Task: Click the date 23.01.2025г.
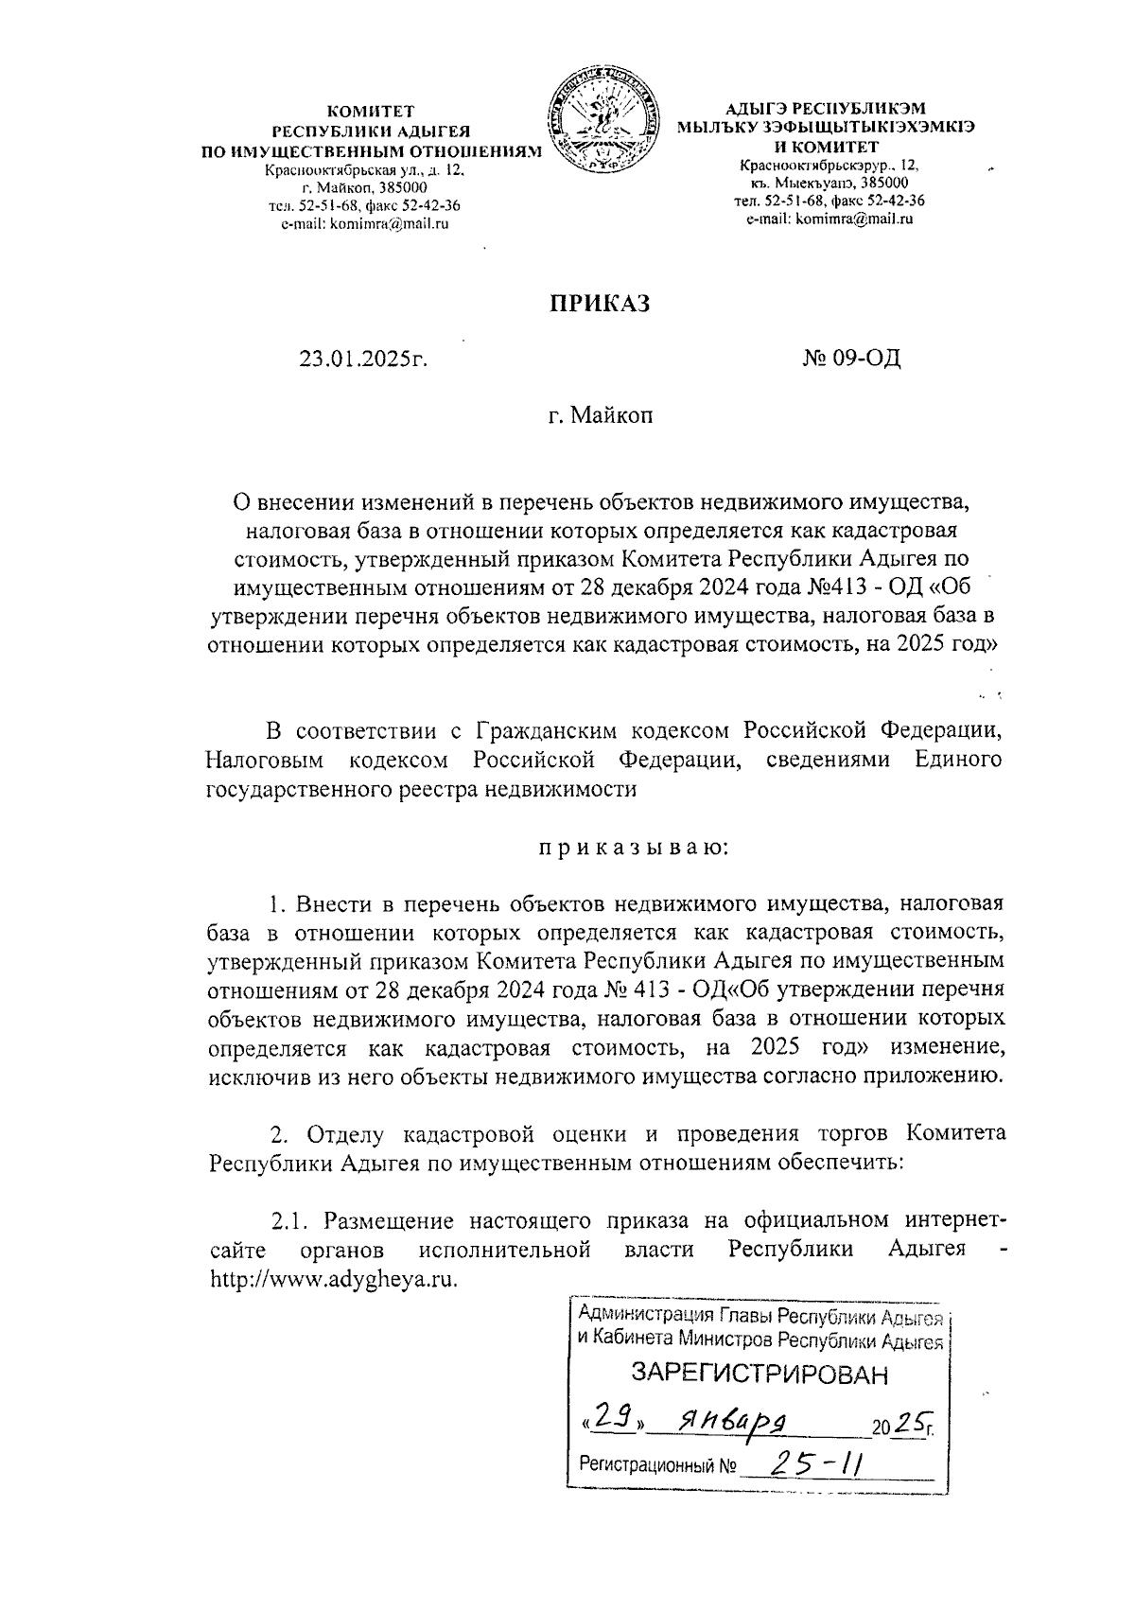[364, 359]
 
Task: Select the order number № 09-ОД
[851, 359]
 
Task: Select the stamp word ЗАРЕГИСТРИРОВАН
[760, 1374]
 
